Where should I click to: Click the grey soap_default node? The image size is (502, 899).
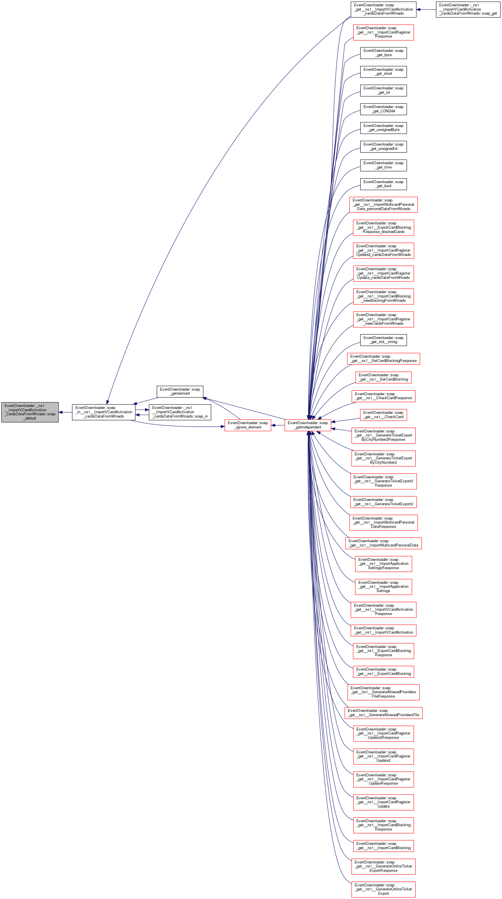pyautogui.click(x=30, y=412)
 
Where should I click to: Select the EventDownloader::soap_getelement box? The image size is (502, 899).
pyautogui.click(x=180, y=391)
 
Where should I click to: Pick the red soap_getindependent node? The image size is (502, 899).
pyautogui.click(x=308, y=425)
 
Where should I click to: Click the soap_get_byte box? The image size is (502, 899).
pyautogui.click(x=383, y=53)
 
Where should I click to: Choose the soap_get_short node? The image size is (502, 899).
pyautogui.click(x=383, y=72)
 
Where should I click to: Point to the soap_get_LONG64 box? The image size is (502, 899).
pyautogui.click(x=383, y=109)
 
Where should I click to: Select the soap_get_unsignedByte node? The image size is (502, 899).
pyautogui.click(x=383, y=128)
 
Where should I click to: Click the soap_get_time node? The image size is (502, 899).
pyautogui.click(x=383, y=165)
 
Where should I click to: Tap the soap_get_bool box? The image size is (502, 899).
pyautogui.click(x=383, y=184)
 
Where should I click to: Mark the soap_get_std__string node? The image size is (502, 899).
pyautogui.click(x=383, y=340)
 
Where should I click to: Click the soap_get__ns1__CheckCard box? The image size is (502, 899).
pyautogui.click(x=383, y=415)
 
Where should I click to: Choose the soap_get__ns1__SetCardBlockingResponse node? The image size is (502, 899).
pyautogui.click(x=383, y=359)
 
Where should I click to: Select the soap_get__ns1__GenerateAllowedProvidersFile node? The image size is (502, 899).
pyautogui.click(x=383, y=713)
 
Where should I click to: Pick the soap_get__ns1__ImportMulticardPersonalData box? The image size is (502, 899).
pyautogui.click(x=383, y=543)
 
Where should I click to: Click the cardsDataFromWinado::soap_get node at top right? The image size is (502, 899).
pyautogui.click(x=468, y=9)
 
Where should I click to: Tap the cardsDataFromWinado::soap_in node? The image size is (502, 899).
pyautogui.click(x=180, y=412)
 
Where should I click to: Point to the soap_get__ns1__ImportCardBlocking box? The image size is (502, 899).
pyautogui.click(x=383, y=846)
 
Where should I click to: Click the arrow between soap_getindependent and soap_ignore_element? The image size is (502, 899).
pyautogui.click(x=278, y=425)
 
